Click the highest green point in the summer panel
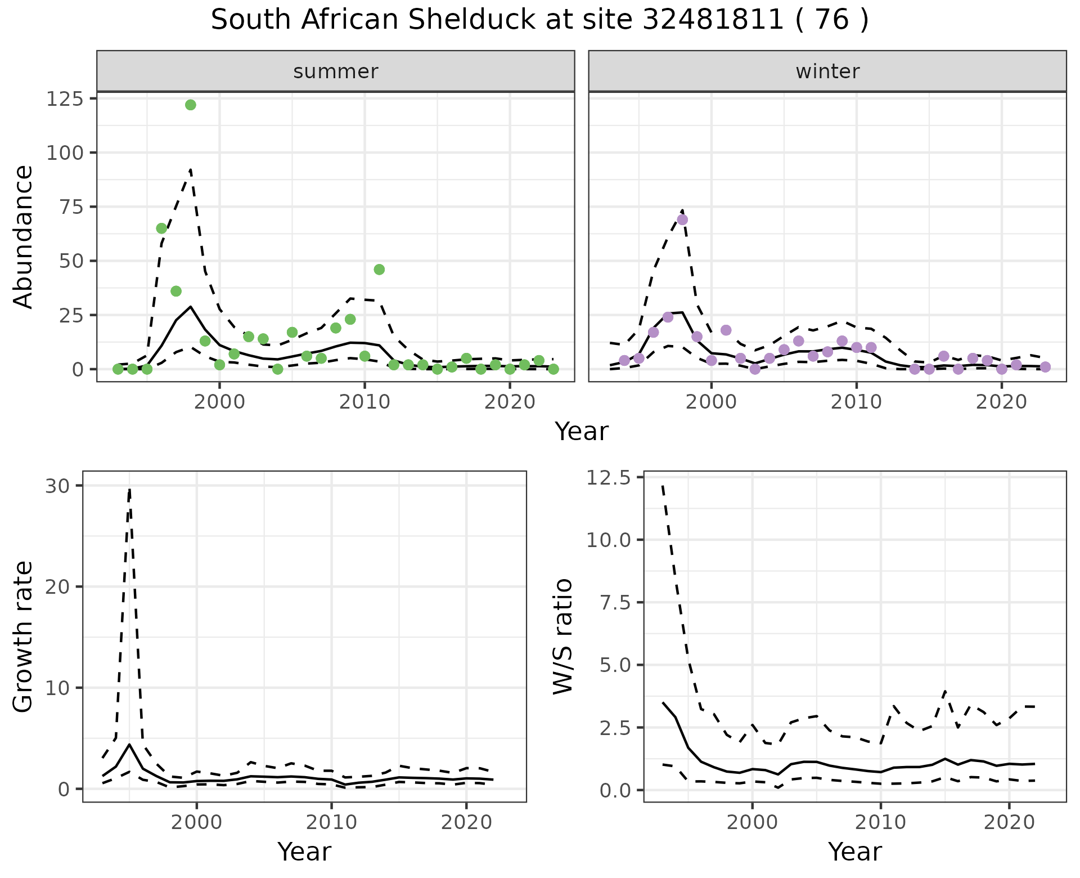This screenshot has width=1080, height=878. click(x=191, y=105)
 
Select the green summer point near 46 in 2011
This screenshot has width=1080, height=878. click(x=379, y=270)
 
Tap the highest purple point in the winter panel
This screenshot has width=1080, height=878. click(x=682, y=219)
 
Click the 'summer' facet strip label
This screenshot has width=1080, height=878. click(x=336, y=71)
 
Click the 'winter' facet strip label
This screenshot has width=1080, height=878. click(x=827, y=71)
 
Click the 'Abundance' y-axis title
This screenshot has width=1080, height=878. click(x=24, y=236)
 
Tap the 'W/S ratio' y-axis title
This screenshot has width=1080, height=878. click(x=562, y=636)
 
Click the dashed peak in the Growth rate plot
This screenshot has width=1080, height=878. click(x=129, y=490)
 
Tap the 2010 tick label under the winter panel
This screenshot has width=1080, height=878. click(x=856, y=402)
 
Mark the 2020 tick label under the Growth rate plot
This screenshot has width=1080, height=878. click(x=466, y=822)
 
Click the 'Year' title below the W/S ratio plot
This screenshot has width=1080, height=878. click(x=854, y=852)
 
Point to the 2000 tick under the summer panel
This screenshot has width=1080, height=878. click(x=219, y=402)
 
